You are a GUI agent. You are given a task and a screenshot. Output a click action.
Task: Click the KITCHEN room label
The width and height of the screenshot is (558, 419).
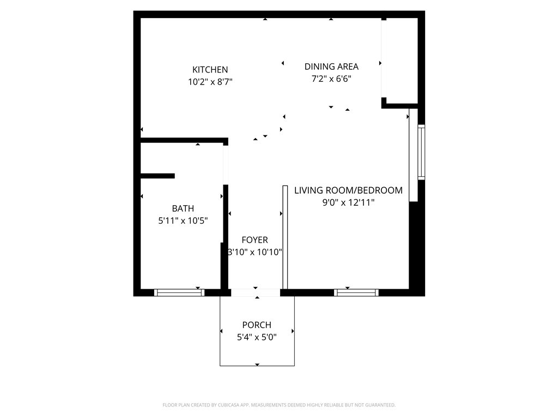pyautogui.click(x=210, y=70)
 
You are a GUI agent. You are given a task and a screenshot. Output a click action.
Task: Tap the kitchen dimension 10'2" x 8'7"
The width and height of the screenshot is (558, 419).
pyautogui.click(x=210, y=82)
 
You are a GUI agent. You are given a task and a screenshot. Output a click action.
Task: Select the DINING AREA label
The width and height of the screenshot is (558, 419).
pyautogui.click(x=331, y=67)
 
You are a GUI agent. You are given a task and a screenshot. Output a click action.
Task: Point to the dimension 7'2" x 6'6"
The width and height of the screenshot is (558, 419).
pyautogui.click(x=331, y=79)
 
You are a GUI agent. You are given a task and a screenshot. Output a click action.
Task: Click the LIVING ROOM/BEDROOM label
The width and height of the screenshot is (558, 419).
pyautogui.click(x=348, y=190)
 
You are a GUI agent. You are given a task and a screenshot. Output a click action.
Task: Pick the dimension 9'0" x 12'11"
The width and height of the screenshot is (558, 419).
pyautogui.click(x=348, y=203)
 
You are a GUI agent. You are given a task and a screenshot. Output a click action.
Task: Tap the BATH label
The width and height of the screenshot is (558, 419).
pyautogui.click(x=183, y=208)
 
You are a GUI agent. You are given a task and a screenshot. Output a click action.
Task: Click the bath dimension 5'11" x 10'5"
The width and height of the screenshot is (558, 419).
pyautogui.click(x=183, y=221)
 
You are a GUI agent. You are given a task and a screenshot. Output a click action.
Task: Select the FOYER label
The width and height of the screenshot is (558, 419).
pyautogui.click(x=255, y=240)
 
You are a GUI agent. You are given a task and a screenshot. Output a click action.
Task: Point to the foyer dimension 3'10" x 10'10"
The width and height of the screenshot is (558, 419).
pyautogui.click(x=255, y=253)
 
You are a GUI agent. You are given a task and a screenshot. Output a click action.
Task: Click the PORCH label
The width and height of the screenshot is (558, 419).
pyautogui.click(x=257, y=325)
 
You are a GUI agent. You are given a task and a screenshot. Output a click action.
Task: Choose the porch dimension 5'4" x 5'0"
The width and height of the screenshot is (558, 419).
pyautogui.click(x=257, y=338)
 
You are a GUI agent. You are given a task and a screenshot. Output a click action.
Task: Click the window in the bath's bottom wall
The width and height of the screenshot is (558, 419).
pyautogui.click(x=179, y=293)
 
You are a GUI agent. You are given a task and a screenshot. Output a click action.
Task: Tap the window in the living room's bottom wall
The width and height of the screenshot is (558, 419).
pyautogui.click(x=356, y=293)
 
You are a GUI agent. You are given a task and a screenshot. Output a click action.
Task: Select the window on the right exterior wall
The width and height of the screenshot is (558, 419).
pyautogui.click(x=421, y=152)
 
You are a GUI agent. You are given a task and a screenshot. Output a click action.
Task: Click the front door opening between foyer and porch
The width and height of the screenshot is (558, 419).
pyautogui.click(x=256, y=293)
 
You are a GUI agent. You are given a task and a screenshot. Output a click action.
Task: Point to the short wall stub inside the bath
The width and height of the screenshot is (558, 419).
pyautogui.click(x=157, y=176)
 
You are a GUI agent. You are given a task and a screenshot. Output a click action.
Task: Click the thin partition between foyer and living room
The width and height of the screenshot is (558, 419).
pyautogui.click(x=284, y=237)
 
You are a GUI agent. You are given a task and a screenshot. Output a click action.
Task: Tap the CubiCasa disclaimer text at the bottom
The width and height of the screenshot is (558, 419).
pyautogui.click(x=279, y=405)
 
